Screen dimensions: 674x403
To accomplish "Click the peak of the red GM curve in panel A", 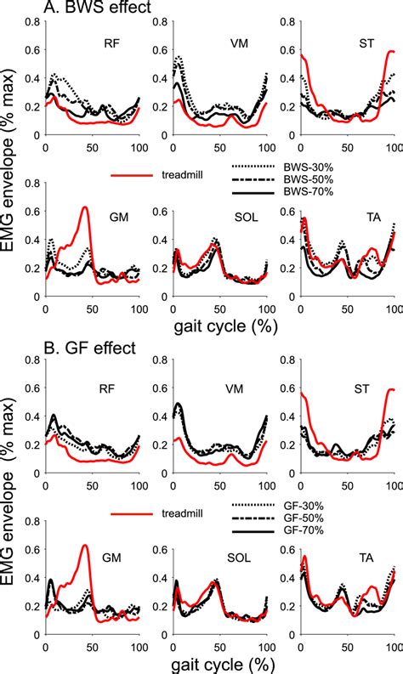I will [84, 207].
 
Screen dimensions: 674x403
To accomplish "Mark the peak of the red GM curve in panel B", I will [84, 545].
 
